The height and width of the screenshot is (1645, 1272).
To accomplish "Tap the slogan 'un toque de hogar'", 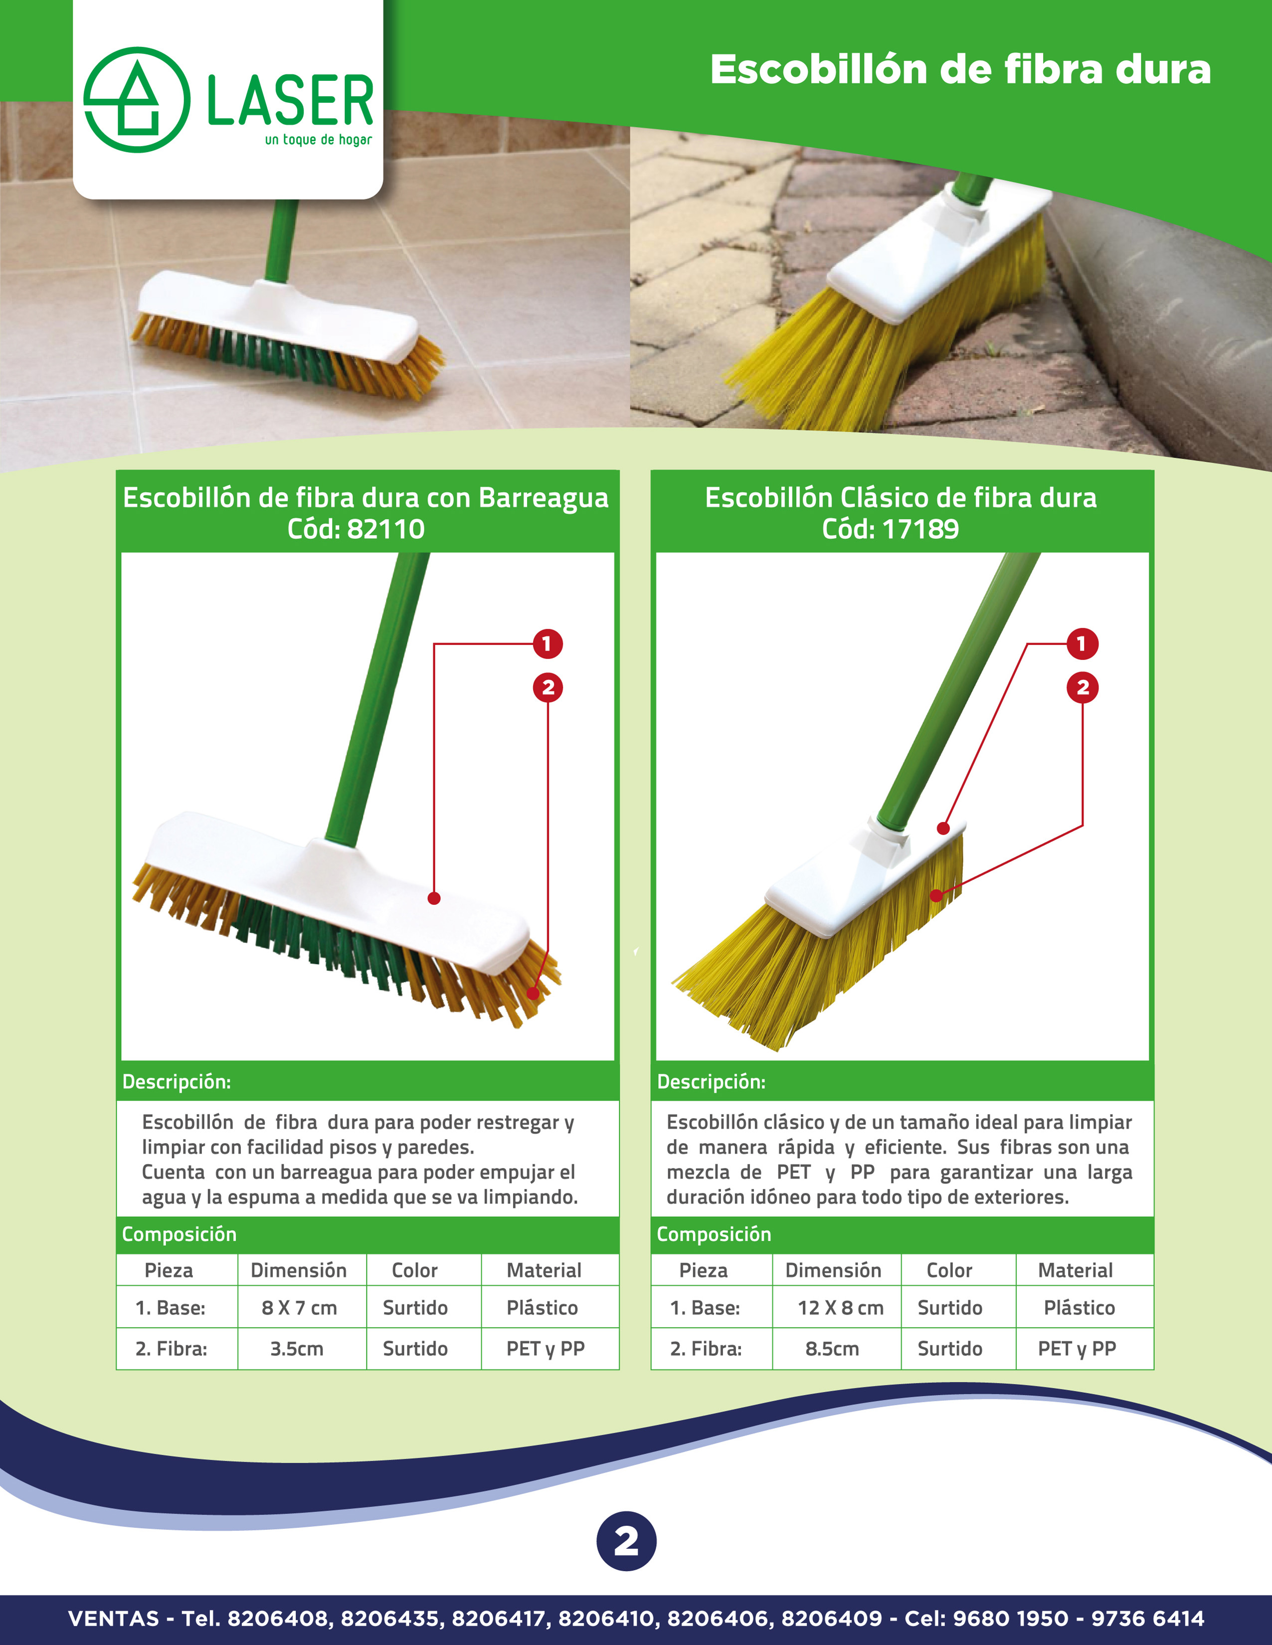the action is pyautogui.click(x=318, y=140).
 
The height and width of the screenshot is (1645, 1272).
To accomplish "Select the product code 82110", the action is pyautogui.click(x=386, y=529).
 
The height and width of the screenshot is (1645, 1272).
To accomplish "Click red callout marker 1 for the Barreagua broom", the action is pyautogui.click(x=547, y=644).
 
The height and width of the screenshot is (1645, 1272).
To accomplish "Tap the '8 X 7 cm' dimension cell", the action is pyautogui.click(x=299, y=1308).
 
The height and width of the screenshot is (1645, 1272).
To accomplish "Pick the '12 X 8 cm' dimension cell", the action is pyautogui.click(x=840, y=1308).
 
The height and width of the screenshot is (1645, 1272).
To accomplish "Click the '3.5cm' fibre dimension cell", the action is pyautogui.click(x=297, y=1348).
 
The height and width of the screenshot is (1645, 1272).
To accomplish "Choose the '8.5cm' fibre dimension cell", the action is pyautogui.click(x=832, y=1348).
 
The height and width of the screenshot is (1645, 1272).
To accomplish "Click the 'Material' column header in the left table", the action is pyautogui.click(x=544, y=1270).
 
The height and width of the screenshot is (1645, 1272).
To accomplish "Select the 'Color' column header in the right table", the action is pyautogui.click(x=949, y=1270).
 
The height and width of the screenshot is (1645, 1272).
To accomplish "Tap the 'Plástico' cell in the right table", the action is pyautogui.click(x=1079, y=1308).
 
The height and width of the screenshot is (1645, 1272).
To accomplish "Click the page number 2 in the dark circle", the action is pyautogui.click(x=626, y=1541).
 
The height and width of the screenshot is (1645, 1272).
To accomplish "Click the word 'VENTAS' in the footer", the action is pyautogui.click(x=114, y=1618).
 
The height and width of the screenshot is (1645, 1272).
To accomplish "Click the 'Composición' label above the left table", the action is pyautogui.click(x=180, y=1234).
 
